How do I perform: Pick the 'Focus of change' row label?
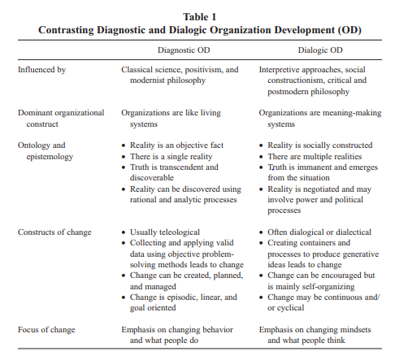point(48,329)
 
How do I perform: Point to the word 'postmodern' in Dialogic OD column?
point(284,92)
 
